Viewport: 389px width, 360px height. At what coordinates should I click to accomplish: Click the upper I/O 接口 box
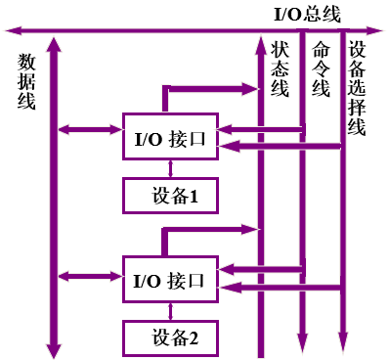click(x=170, y=140)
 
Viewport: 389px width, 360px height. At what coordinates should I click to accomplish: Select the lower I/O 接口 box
click(x=170, y=280)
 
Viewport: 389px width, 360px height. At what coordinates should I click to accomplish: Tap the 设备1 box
click(x=170, y=196)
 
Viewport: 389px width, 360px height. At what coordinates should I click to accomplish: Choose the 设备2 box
click(x=170, y=338)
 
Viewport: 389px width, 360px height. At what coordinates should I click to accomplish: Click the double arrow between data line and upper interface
click(x=89, y=129)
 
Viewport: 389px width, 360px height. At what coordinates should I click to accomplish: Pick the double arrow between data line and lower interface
click(x=89, y=276)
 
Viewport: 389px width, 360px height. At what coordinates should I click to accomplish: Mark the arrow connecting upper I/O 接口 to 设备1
click(x=170, y=170)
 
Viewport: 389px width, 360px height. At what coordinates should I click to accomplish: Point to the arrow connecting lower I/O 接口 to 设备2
click(x=170, y=311)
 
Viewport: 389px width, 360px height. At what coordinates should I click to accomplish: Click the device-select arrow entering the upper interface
click(x=283, y=147)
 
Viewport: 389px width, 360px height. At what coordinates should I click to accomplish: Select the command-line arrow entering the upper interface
click(x=264, y=127)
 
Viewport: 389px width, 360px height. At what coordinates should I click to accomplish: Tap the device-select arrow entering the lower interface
click(x=283, y=287)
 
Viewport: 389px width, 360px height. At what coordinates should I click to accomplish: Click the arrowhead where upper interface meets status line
click(x=255, y=89)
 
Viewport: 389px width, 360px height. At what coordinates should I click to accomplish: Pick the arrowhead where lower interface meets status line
click(x=255, y=229)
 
